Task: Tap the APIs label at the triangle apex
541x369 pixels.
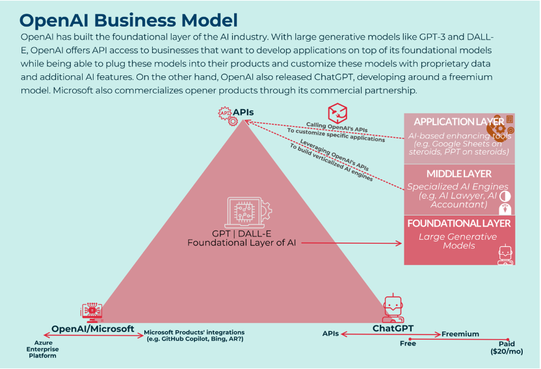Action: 244,112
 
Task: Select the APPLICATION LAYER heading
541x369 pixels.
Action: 459,121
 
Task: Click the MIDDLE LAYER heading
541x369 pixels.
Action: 459,173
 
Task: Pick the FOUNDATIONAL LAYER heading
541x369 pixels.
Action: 459,223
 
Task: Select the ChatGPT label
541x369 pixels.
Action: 393,328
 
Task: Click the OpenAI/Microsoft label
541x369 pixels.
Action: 92,328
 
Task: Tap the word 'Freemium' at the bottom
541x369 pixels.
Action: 460,334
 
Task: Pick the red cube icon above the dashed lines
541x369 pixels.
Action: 337,112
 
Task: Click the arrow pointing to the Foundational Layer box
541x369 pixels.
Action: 352,244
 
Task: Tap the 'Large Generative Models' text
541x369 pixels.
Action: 459,241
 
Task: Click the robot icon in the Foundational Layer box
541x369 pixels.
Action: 505,254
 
